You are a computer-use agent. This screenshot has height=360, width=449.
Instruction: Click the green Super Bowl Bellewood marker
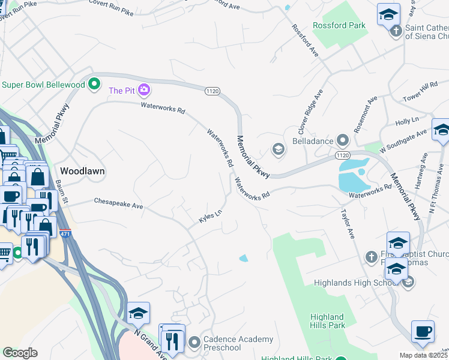pos(94,84)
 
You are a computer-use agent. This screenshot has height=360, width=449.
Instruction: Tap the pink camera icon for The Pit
pos(143,91)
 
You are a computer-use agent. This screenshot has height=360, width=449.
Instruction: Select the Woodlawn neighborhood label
pos(82,171)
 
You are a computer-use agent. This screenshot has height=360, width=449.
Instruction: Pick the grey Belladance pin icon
pos(343,141)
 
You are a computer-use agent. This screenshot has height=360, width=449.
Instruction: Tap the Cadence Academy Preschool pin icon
pos(194,343)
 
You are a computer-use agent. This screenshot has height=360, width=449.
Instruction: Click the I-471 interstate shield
pos(66,233)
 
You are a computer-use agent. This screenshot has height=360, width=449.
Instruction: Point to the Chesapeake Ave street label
pos(118,204)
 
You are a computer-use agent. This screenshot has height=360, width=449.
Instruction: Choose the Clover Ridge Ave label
pos(310,112)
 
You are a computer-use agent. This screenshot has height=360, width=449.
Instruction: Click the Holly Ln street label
pos(407,122)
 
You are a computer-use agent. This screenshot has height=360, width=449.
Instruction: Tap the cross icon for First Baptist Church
pos(370,257)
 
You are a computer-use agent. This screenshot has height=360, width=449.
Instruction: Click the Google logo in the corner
pos(20,353)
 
